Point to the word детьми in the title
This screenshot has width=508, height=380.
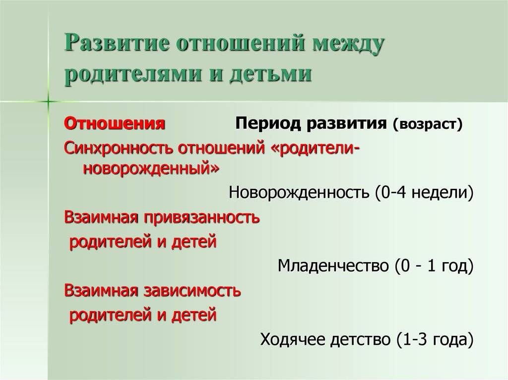tap(271, 74)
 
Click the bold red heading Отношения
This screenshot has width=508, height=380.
tap(115, 123)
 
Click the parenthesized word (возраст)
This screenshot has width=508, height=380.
tap(427, 124)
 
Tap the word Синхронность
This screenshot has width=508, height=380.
tap(118, 148)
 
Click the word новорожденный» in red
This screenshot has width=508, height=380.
tap(151, 168)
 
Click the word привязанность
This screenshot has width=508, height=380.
tap(202, 217)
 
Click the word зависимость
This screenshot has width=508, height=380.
tap(192, 290)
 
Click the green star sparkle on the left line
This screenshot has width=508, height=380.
tap(48, 101)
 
